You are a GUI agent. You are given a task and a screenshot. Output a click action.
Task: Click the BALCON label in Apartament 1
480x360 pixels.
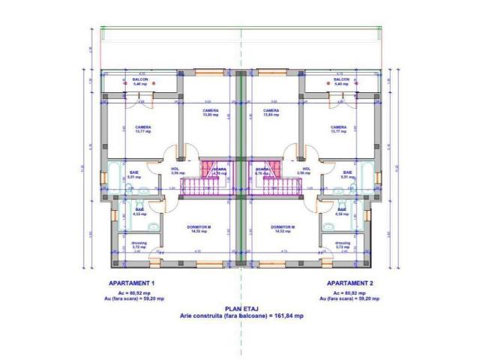[140, 80]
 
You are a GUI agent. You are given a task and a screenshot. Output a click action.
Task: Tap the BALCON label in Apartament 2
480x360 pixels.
[341, 80]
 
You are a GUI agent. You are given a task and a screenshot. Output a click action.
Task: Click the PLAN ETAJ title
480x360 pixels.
[241, 309]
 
